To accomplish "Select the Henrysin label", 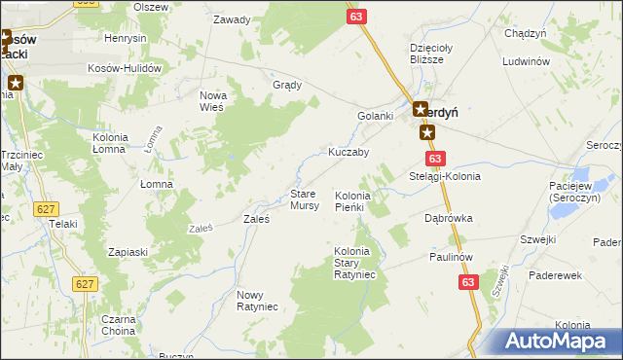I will tap(125, 38).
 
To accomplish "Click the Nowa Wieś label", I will tap(212, 100).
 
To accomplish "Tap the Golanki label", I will tap(375, 116).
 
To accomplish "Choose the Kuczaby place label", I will tap(348, 152).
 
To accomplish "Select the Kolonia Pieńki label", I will tap(349, 201).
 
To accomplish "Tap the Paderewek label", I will tap(555, 275).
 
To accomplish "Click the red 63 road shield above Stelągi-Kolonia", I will tap(434, 159).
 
